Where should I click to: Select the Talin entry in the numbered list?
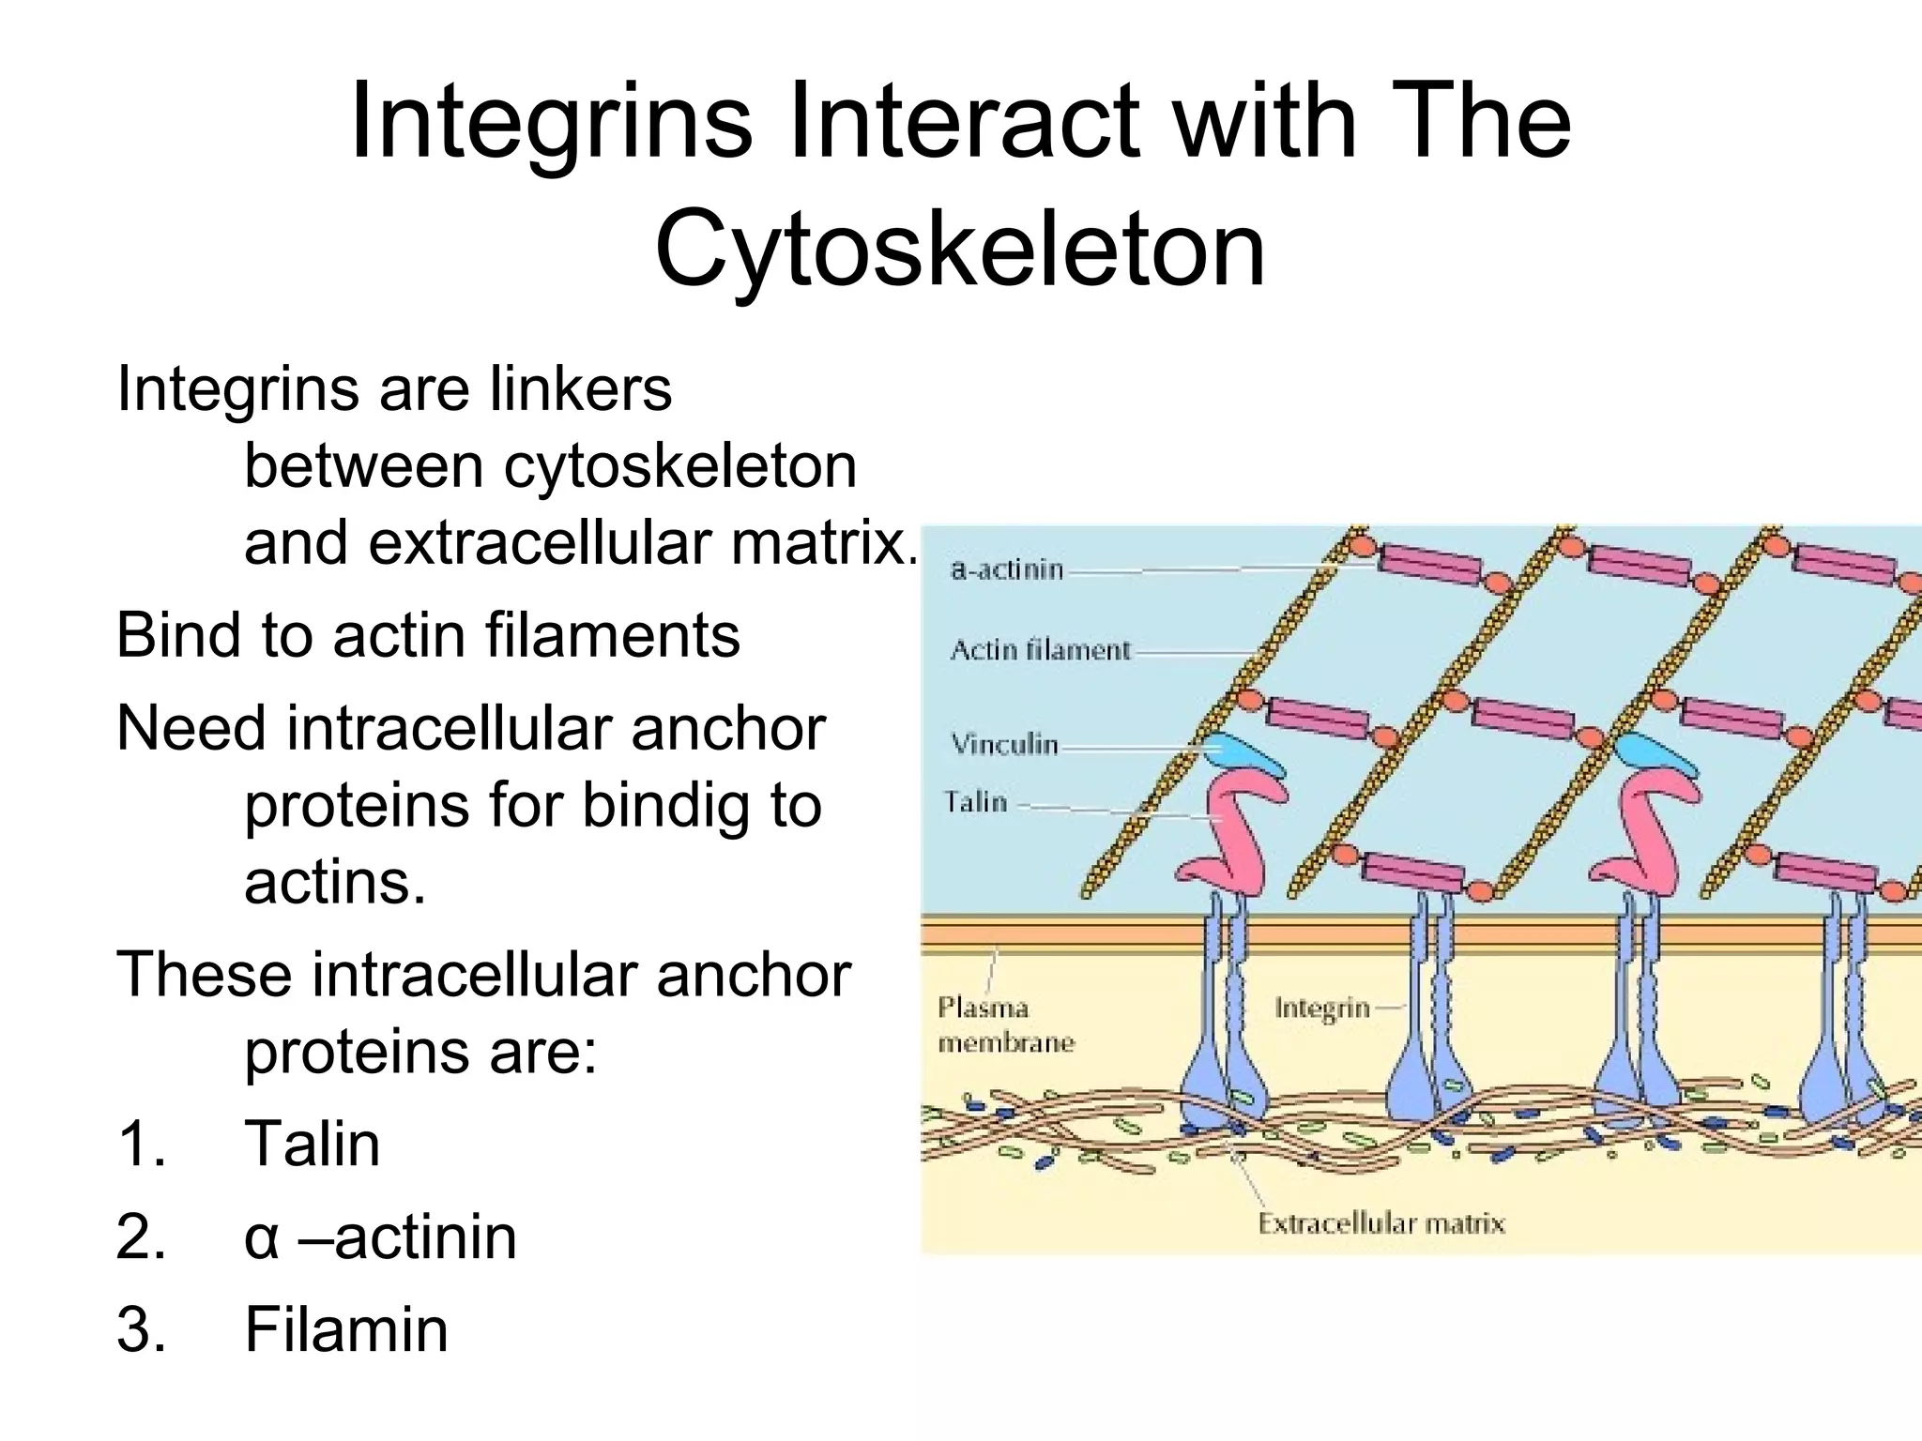click(313, 1145)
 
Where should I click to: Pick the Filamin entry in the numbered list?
click(346, 1328)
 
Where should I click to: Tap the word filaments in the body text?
click(612, 635)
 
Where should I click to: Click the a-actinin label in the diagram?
click(1007, 569)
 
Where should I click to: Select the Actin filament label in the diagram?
click(1040, 650)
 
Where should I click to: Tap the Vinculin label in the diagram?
click(1004, 745)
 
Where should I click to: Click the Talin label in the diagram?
click(975, 802)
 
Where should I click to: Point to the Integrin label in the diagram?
click(1322, 1009)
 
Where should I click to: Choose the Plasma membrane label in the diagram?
click(1005, 1025)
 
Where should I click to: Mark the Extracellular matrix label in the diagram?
click(1381, 1223)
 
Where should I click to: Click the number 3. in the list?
click(141, 1328)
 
